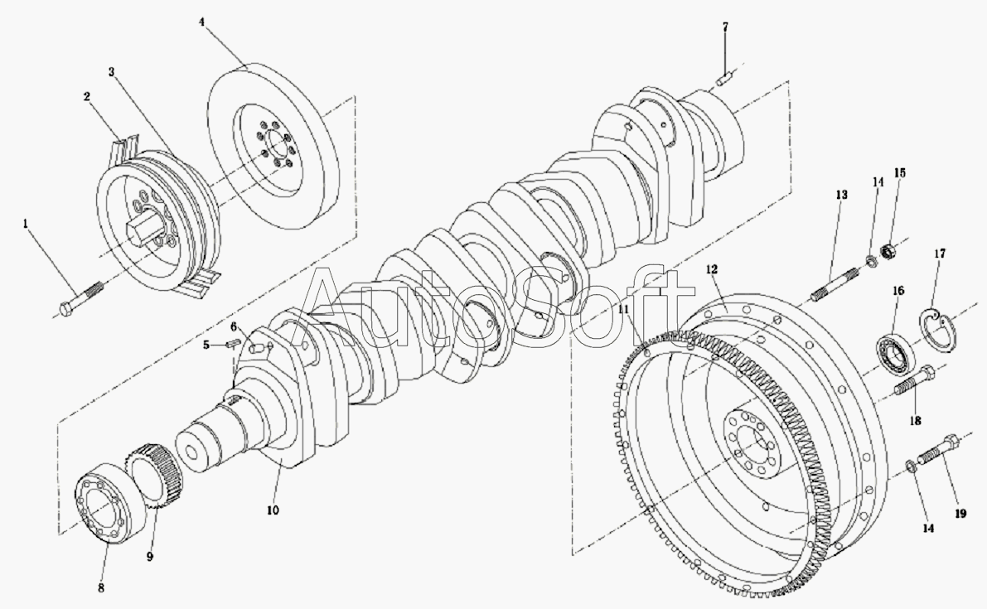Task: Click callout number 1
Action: pos(26,224)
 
